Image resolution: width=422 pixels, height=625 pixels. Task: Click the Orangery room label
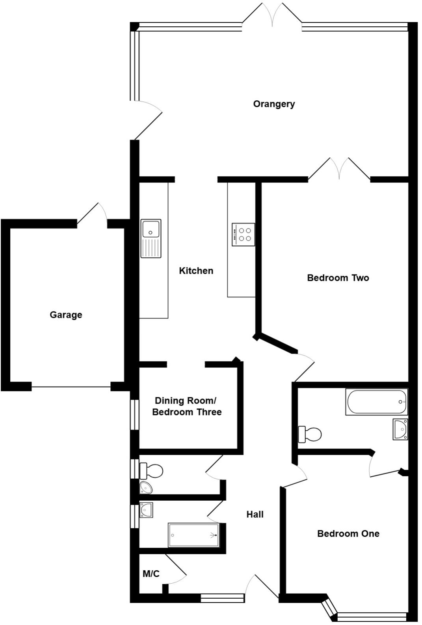[274, 104]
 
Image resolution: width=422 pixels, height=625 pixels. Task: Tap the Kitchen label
[196, 271]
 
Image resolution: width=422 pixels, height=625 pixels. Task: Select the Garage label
[66, 315]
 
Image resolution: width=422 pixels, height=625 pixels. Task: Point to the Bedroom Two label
[338, 278]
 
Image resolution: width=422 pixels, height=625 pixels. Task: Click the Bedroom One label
[348, 533]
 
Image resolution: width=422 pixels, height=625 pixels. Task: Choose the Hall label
[255, 514]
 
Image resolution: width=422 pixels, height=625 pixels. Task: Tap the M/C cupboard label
[151, 574]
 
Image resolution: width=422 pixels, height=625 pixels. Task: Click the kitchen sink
[151, 238]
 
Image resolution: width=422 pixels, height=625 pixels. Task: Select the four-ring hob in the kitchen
[244, 234]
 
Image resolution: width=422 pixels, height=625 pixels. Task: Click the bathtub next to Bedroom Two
[376, 402]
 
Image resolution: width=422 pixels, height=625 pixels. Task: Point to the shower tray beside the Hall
[193, 535]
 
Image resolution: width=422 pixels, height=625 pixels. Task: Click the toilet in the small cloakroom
[151, 470]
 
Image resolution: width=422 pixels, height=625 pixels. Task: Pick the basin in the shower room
[146, 510]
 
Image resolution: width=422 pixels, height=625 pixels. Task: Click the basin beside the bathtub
[400, 429]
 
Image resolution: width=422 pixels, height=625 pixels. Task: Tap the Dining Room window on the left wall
[135, 415]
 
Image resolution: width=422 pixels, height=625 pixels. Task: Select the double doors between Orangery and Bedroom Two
[339, 169]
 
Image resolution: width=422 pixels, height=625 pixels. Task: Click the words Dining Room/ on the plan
[185, 400]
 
